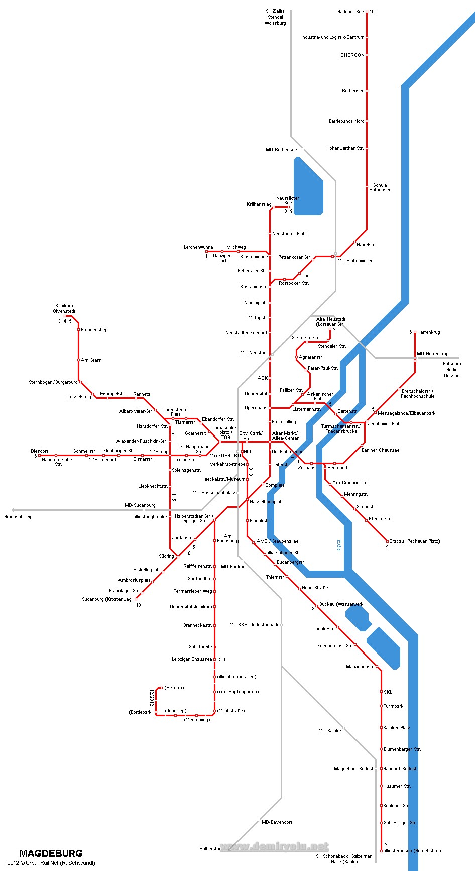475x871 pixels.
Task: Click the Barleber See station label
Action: coord(350,12)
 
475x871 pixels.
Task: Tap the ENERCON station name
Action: coord(352,55)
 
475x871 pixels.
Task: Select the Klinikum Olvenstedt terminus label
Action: coord(64,308)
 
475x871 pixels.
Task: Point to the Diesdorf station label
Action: coord(40,451)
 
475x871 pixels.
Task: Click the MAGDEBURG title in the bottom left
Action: coord(51,853)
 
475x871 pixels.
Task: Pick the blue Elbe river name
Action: coord(339,546)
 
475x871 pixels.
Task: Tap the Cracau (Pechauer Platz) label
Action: coord(414,541)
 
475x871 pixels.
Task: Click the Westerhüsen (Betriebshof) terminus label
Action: coord(412,851)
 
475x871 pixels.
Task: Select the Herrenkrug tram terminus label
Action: coord(428,332)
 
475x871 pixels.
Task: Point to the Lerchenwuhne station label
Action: coord(198,247)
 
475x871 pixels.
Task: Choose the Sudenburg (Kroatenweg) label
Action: coord(107,599)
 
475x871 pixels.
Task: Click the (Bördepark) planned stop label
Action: coord(141,712)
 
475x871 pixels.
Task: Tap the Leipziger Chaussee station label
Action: coord(192,659)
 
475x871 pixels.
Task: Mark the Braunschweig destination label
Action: coord(18,516)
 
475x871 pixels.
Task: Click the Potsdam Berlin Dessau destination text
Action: coord(452,369)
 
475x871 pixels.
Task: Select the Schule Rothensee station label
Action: coord(380,187)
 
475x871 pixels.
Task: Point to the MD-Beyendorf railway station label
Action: coord(277,822)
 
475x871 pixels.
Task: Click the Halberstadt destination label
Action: coord(211,849)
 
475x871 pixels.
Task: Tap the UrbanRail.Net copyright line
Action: coord(51,863)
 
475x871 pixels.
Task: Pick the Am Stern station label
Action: coord(91,360)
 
